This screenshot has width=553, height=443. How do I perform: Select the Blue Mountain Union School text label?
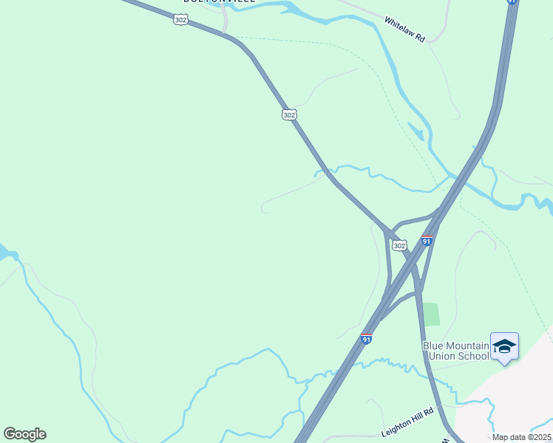[x=456, y=351]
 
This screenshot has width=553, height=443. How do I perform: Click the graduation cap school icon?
[x=504, y=346]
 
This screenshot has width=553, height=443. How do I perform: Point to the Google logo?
[x=24, y=434]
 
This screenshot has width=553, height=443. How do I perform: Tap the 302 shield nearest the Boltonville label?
[x=180, y=20]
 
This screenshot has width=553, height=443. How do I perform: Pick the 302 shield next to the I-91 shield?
[x=399, y=244]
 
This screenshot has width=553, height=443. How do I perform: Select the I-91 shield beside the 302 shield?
[x=427, y=241]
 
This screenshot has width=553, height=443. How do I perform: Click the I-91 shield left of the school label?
[x=366, y=339]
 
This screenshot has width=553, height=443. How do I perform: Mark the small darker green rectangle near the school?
[x=431, y=314]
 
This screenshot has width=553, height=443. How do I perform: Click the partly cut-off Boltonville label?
[x=220, y=2]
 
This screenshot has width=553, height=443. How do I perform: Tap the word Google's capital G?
[x=10, y=434]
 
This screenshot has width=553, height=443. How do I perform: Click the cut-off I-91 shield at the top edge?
[x=512, y=2]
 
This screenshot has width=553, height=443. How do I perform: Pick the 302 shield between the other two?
[x=289, y=114]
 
